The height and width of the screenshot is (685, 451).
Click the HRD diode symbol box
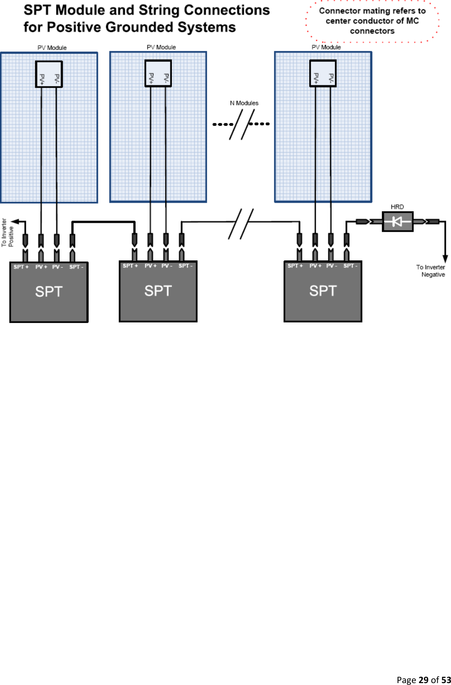398,221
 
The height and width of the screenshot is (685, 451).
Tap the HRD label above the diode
397,207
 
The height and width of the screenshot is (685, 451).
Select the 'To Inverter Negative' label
431,271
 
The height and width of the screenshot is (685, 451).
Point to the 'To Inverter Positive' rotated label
8,232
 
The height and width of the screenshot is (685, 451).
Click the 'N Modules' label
244,103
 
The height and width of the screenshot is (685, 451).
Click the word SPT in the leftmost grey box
49,291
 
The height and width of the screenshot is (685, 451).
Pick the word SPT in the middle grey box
158,291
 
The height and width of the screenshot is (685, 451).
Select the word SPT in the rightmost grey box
323,291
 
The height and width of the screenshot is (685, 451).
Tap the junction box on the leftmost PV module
49,74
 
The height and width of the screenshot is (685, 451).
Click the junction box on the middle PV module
158,73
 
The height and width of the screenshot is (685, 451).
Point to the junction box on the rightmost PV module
323,73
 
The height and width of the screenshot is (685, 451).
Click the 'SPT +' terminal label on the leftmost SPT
21,267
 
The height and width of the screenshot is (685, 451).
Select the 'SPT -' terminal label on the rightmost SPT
350,266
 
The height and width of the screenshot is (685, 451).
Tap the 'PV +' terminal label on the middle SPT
150,266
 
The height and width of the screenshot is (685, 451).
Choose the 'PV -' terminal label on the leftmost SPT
57,267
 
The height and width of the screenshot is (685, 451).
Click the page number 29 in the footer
423,680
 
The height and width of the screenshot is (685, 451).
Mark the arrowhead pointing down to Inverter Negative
445,259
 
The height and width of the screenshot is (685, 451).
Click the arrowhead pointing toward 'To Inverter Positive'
15,221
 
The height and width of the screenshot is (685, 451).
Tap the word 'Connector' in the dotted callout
339,10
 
